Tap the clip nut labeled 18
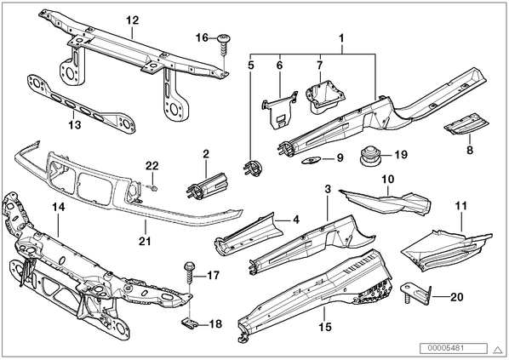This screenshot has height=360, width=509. (188, 323)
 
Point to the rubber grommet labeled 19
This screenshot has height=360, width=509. (370, 156)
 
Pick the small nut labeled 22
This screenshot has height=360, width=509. (154, 187)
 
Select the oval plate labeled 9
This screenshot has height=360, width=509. (311, 160)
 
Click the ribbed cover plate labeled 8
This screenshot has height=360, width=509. (466, 123)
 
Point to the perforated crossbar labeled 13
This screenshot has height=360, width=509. (81, 104)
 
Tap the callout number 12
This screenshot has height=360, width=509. (133, 20)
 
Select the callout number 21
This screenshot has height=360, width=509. (145, 241)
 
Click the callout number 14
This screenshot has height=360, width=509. (59, 207)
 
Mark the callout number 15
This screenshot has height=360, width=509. (325, 327)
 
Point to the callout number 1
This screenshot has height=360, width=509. (341, 38)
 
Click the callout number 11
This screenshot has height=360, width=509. (461, 206)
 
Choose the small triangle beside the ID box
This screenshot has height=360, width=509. (497, 349)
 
